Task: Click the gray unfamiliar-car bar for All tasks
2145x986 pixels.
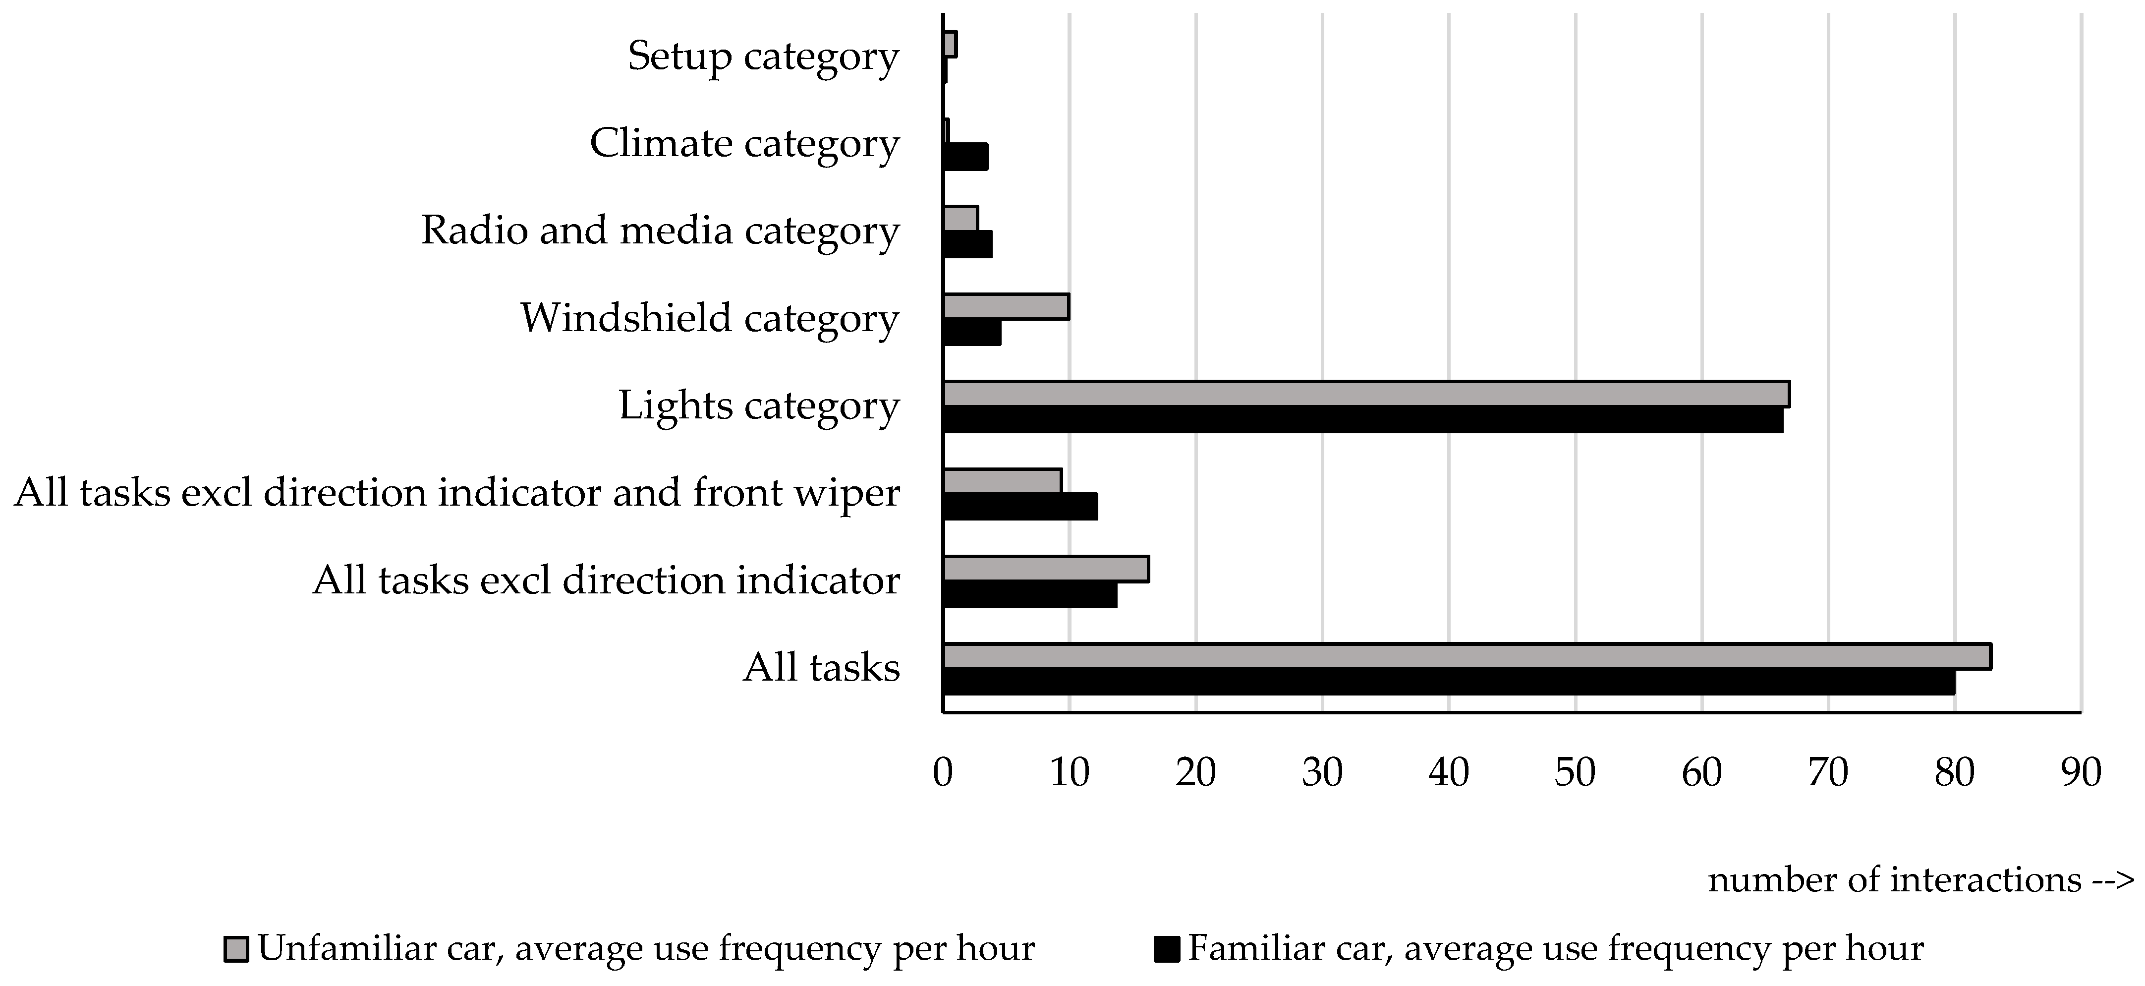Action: point(1466,656)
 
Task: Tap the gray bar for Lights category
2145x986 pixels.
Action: point(1365,394)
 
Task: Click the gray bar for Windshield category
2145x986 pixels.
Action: point(1006,306)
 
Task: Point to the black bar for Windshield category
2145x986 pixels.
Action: point(972,332)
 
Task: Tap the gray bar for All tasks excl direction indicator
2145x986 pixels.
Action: point(1046,569)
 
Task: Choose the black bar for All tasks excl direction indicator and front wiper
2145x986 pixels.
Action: point(1020,506)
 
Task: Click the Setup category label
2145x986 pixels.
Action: point(763,57)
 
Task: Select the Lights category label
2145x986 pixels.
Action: point(759,406)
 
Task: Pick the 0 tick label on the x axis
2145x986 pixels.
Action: point(943,773)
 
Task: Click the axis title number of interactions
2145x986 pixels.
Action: point(1923,880)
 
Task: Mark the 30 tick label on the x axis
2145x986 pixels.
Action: point(1322,773)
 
